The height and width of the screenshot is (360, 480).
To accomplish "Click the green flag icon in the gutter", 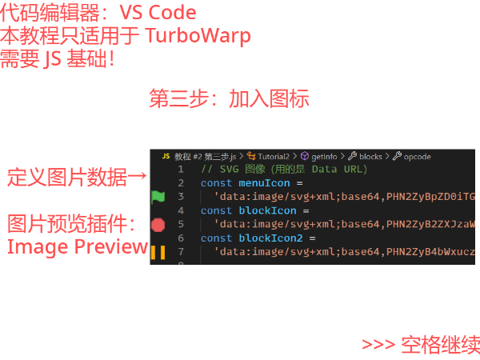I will [158, 196].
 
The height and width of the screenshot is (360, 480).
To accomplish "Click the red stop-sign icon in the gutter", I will [158, 225].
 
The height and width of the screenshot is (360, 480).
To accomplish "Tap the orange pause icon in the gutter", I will [158, 253].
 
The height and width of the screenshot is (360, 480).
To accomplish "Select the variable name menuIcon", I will [265, 183].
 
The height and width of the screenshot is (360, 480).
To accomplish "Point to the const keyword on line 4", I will [216, 210].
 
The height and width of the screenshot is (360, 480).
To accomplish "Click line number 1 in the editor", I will [181, 170].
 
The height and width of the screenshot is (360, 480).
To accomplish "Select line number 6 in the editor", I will [181, 238].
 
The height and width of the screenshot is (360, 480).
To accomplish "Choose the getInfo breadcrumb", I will [323, 156].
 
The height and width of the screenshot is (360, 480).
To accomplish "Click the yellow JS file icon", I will [166, 156].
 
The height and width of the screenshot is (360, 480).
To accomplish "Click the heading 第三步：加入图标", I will [229, 99].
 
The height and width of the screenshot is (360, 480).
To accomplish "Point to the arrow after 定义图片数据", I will [137, 177].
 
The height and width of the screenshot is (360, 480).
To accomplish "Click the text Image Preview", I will [78, 246].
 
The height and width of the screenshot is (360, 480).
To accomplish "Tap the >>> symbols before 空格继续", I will [378, 345].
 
